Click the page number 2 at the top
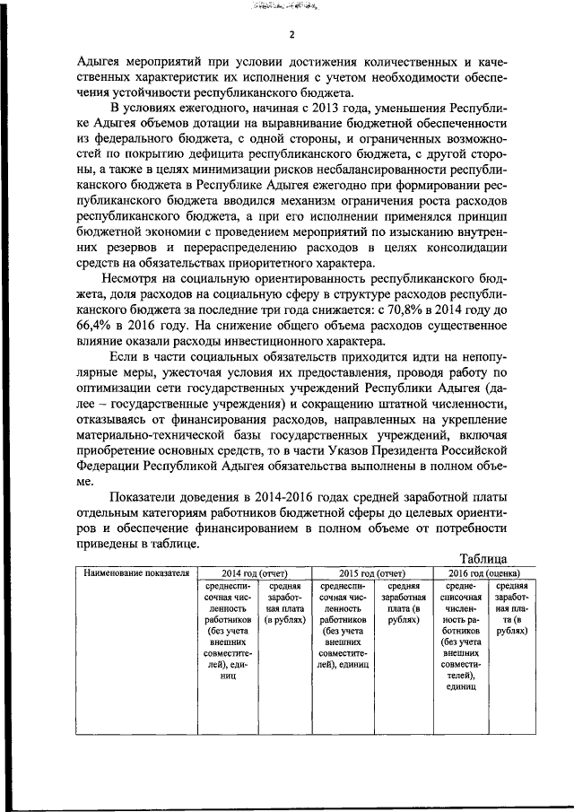pyautogui.click(x=291, y=36)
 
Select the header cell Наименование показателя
pyautogui.click(x=136, y=572)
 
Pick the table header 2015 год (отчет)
pyautogui.click(x=371, y=572)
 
